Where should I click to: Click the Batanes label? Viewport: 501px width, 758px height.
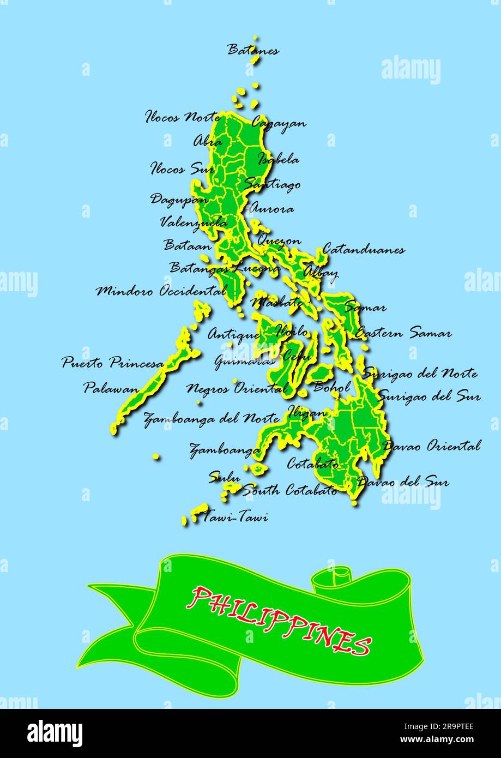click(253, 51)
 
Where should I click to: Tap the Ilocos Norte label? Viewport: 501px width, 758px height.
click(183, 117)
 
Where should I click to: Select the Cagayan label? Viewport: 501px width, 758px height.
click(279, 123)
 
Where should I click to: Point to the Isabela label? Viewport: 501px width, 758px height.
click(279, 159)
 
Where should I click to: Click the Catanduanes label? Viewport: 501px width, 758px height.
click(364, 250)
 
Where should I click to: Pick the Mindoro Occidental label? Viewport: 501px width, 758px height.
click(161, 291)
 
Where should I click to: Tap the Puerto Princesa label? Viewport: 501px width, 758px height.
click(112, 363)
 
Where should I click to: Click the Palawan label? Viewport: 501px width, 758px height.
click(111, 388)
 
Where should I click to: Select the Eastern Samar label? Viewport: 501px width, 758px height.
click(403, 333)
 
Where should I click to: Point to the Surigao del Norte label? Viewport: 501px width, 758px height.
click(420, 374)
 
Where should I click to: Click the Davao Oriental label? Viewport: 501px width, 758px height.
click(432, 446)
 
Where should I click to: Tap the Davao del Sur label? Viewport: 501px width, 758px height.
click(403, 482)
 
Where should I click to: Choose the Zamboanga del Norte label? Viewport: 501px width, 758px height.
click(212, 419)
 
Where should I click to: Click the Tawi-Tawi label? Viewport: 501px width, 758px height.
click(235, 517)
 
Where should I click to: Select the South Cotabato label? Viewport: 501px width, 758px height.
click(289, 490)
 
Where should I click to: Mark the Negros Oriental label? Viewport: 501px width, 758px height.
click(237, 389)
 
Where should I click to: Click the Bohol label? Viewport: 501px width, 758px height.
click(331, 387)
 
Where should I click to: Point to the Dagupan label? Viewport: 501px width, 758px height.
click(179, 199)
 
